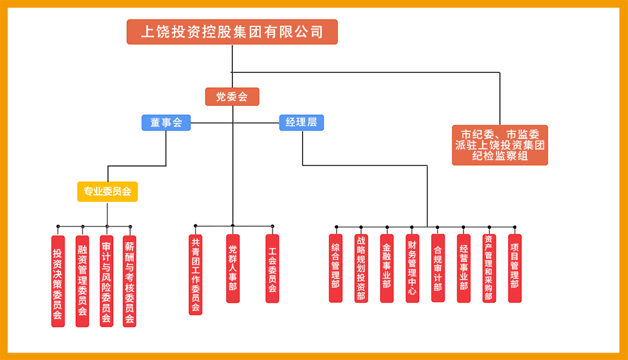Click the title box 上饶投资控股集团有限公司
point(232,32)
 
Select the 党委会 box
point(232,97)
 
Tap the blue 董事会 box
point(166,123)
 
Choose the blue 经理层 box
point(301,123)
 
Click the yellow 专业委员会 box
point(107,192)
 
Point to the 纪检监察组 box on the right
point(500,145)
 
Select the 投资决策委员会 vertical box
point(58,281)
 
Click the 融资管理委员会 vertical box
point(82,281)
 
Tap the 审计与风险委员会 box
point(107,281)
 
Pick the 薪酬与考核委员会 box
point(129,281)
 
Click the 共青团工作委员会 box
point(195,275)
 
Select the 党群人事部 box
point(233,268)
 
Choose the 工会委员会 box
point(272,268)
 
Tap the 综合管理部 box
point(336,268)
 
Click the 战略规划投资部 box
point(361,268)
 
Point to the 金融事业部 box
point(387,268)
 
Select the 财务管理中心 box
point(412,268)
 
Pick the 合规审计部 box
point(438,268)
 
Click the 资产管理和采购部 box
point(489,268)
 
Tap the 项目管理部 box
point(515,268)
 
